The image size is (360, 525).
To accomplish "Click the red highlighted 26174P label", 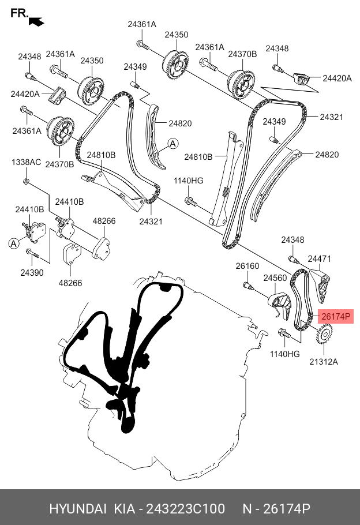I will click(335, 316).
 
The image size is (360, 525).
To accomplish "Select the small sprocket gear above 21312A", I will click(325, 335).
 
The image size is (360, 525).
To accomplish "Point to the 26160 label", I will click(247, 267).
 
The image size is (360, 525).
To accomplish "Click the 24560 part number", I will click(275, 278).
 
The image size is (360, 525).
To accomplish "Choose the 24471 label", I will click(319, 259).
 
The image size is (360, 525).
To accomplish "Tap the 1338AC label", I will click(27, 163).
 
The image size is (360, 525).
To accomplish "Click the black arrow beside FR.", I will click(36, 21).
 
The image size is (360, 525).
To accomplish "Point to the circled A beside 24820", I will click(173, 144).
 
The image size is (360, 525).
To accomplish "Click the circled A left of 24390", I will click(13, 244).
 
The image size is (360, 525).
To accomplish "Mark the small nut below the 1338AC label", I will click(27, 182).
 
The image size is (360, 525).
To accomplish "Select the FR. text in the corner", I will click(19, 13).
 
